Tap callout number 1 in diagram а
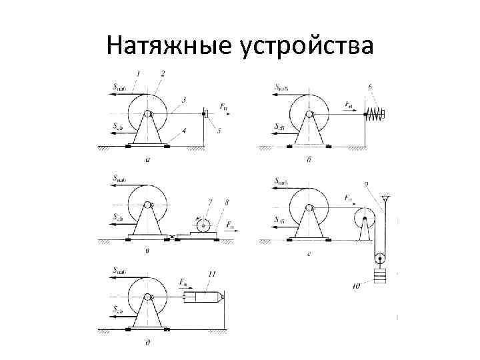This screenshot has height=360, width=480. [x=137, y=73]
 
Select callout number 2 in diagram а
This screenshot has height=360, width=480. [x=163, y=73]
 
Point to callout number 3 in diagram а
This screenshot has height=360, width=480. [x=184, y=100]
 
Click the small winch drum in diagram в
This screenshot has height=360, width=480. [x=203, y=225]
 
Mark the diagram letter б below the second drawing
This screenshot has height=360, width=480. [x=310, y=160]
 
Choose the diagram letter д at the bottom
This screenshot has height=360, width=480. [x=147, y=344]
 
